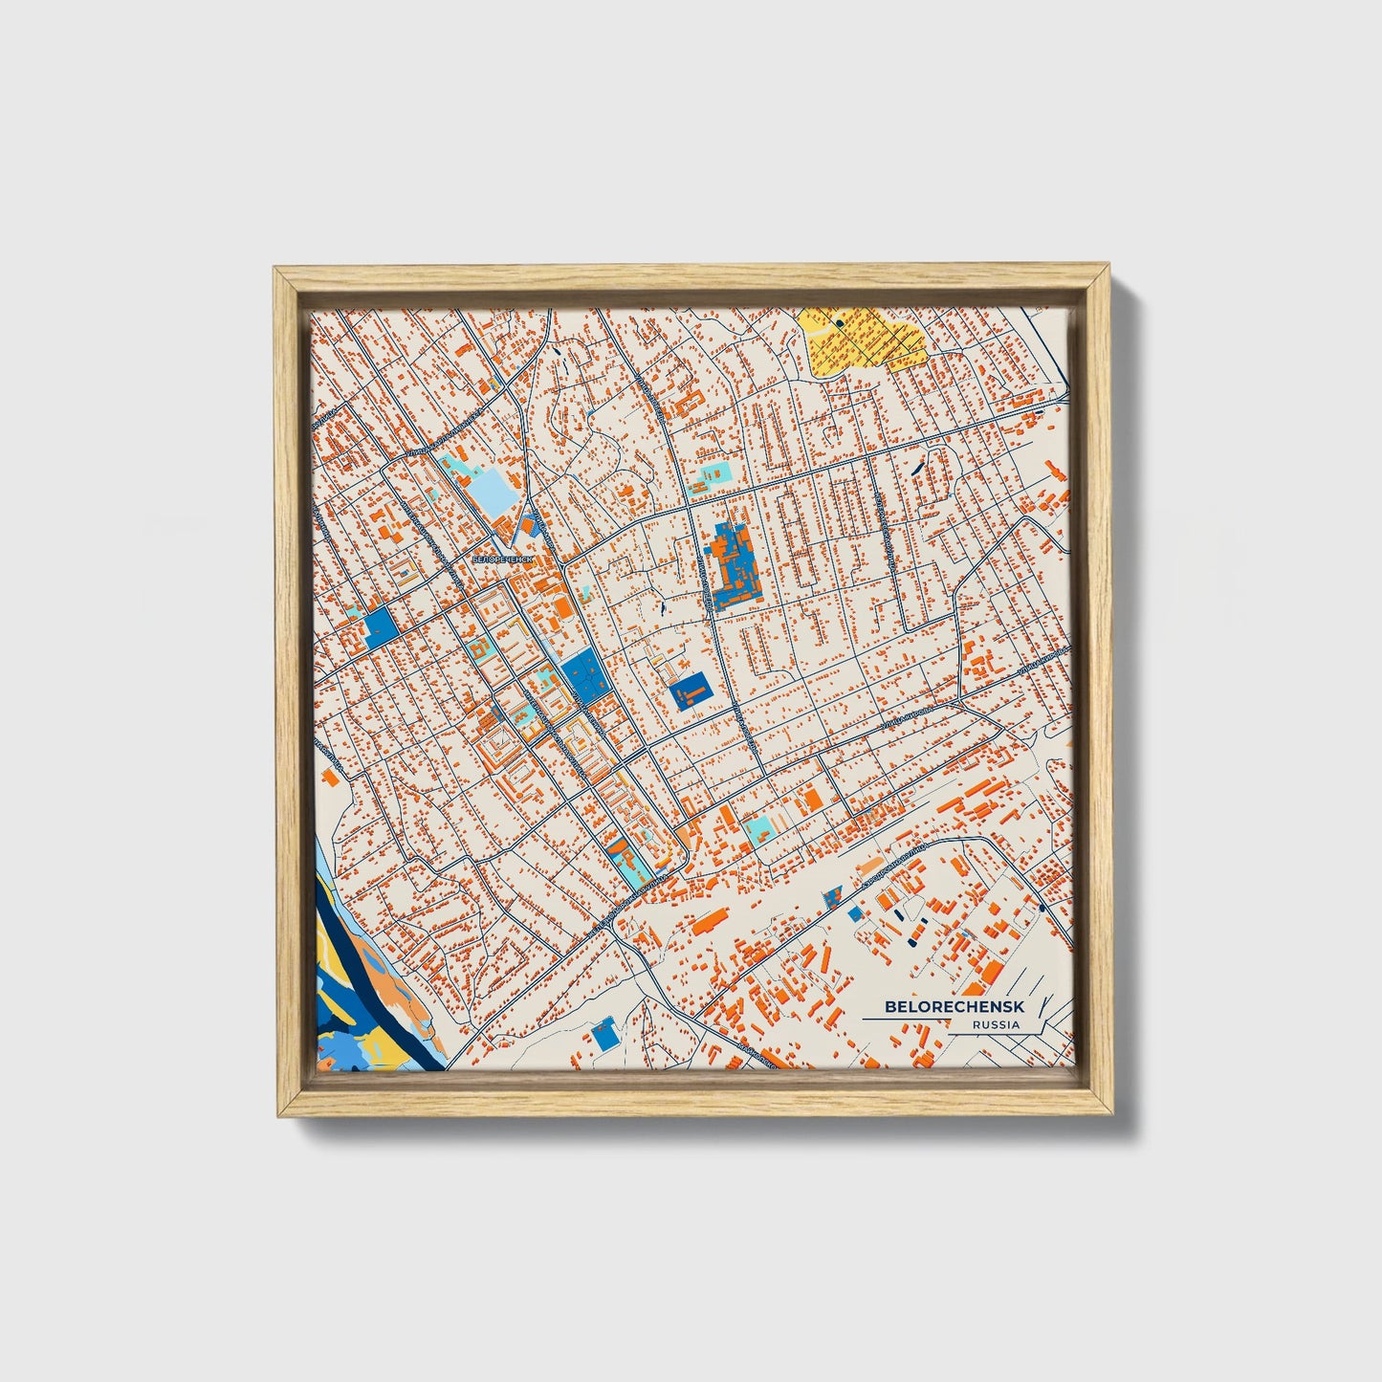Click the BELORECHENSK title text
pyautogui.click(x=941, y=1006)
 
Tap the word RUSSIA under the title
pyautogui.click(x=996, y=1024)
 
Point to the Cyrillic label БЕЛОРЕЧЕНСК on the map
pyautogui.click(x=500, y=557)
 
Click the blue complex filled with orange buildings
pyautogui.click(x=734, y=566)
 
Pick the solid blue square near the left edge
pyautogui.click(x=380, y=627)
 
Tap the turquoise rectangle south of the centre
pyautogui.click(x=757, y=828)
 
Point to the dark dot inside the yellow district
pyautogui.click(x=839, y=323)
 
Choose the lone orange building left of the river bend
pyautogui.click(x=332, y=777)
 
